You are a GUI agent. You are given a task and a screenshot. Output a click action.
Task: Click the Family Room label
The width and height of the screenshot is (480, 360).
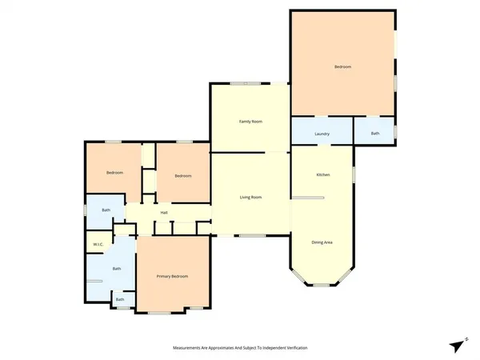251,122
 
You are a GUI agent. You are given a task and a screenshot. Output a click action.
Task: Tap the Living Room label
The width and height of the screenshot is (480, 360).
251,197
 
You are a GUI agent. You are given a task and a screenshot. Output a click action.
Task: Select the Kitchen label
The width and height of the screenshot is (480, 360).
323,174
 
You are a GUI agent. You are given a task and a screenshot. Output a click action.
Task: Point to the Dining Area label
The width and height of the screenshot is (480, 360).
323,242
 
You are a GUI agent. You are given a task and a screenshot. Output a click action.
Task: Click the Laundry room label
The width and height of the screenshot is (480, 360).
322,134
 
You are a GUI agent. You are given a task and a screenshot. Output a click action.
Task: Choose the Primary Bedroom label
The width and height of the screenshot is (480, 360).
173,276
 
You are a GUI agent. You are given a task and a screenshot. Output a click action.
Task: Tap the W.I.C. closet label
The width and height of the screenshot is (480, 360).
98,244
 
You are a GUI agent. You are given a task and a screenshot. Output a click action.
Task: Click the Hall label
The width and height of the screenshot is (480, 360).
164,212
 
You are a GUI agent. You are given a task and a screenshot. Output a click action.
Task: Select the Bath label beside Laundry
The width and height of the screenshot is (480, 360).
375,134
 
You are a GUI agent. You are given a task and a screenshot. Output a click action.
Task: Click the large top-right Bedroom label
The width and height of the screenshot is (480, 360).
342,67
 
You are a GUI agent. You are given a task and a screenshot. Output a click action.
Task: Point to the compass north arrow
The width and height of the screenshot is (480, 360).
457,346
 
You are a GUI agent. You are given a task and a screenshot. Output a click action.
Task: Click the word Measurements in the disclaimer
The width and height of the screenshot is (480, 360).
191,348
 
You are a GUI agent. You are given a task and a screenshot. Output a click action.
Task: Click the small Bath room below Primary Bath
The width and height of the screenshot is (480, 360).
120,300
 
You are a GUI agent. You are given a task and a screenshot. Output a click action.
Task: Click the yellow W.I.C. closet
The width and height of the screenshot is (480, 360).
98,240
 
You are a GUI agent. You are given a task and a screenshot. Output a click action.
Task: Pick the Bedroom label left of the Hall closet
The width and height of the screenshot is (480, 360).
114,173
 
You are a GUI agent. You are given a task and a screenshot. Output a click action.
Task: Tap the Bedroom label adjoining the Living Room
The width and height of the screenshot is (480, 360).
183,176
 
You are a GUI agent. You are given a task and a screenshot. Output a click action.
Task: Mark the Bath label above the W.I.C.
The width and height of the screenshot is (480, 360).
106,210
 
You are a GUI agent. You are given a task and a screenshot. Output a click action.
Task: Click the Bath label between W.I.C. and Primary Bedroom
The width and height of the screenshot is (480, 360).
117,269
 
